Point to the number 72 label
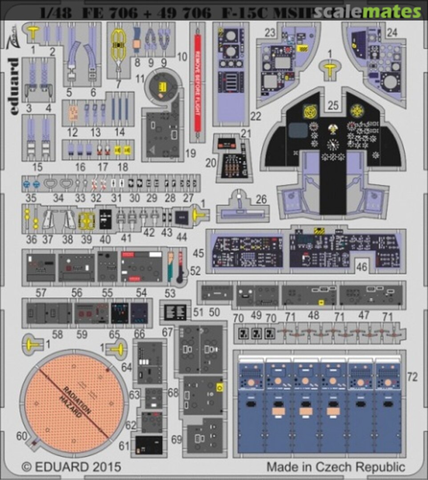click(x=412, y=378)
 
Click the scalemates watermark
click(x=367, y=12)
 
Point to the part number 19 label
click(x=191, y=154)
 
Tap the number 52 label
click(x=195, y=270)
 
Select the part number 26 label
click(x=262, y=200)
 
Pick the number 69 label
click(x=177, y=440)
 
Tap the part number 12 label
click(x=72, y=132)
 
